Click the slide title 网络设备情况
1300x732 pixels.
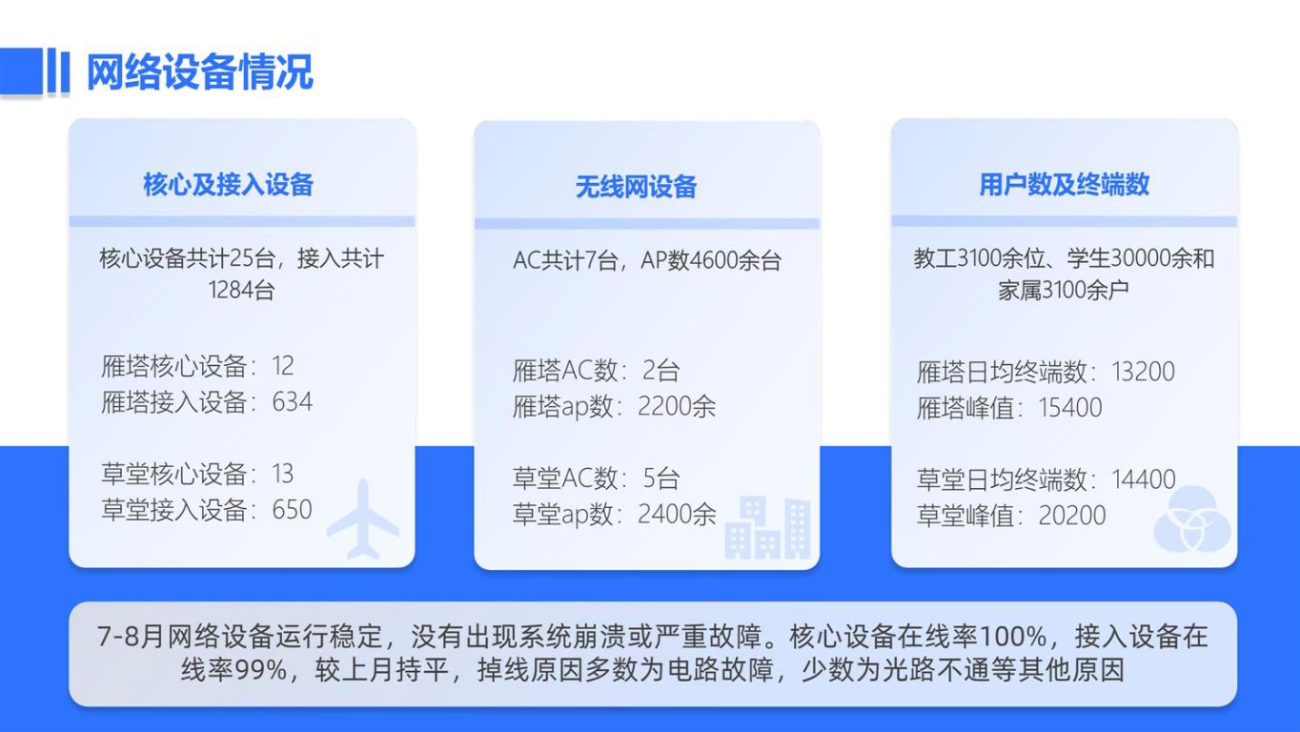click(x=200, y=72)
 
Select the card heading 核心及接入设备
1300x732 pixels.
click(x=228, y=185)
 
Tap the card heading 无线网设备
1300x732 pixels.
click(x=636, y=187)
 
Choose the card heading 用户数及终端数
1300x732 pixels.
click(x=1065, y=185)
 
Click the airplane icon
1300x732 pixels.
click(x=363, y=519)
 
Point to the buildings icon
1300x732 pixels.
click(x=768, y=528)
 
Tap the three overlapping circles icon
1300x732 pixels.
click(x=1192, y=519)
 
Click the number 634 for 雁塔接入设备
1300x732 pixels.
click(x=292, y=401)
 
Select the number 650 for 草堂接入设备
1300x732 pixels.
click(x=292, y=510)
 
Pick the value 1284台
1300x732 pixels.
click(x=241, y=290)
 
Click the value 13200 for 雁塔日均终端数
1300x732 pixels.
click(x=1143, y=372)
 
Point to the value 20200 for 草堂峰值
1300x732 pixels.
click(x=1072, y=516)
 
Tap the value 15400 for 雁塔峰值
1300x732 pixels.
click(x=1069, y=408)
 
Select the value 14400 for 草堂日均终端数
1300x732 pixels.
click(x=1144, y=479)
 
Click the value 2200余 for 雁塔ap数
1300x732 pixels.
click(x=677, y=406)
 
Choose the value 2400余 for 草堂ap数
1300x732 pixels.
click(x=677, y=515)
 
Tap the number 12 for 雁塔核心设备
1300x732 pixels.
click(x=283, y=366)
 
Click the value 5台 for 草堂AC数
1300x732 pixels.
click(x=661, y=478)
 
